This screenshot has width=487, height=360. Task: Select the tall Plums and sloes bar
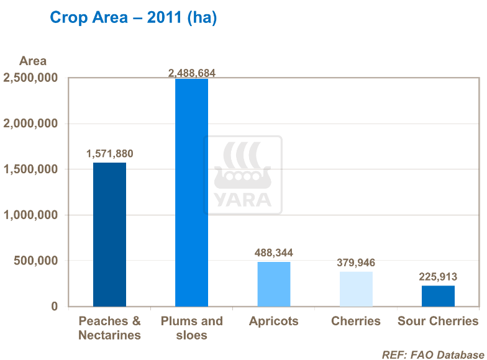(x=191, y=192)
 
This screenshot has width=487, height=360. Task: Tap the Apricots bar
(x=273, y=284)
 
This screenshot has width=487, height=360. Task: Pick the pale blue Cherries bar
(x=356, y=289)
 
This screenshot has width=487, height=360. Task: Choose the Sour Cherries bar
(x=438, y=296)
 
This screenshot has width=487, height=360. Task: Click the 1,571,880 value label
(x=109, y=153)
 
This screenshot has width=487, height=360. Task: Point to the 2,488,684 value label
(x=192, y=73)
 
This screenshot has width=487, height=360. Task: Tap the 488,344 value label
(x=273, y=253)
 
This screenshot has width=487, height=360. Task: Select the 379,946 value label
(x=356, y=263)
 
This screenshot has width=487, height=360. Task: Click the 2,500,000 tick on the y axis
(x=30, y=78)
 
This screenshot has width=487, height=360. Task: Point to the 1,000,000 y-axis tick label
(x=30, y=215)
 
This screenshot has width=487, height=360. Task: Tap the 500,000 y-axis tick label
(x=36, y=261)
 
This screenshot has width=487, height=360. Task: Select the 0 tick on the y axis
(x=54, y=307)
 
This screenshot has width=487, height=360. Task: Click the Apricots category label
(x=273, y=321)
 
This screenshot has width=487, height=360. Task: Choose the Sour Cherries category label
(x=438, y=321)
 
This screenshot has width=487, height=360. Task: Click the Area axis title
(x=33, y=61)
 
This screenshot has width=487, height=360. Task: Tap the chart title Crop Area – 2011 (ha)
(x=133, y=17)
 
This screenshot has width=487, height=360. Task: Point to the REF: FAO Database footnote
(x=433, y=354)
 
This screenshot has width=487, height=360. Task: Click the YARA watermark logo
(x=243, y=176)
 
